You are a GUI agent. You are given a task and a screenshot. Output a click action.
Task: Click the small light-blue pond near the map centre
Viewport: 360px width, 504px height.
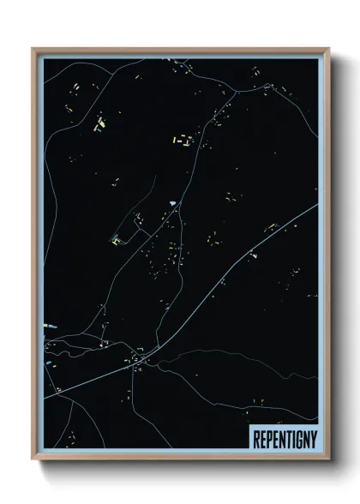[x=173, y=202]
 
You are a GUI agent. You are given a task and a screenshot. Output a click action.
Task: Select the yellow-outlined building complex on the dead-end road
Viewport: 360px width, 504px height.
[x=116, y=241]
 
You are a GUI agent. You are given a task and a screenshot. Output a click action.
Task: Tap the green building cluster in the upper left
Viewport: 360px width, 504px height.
[x=99, y=123]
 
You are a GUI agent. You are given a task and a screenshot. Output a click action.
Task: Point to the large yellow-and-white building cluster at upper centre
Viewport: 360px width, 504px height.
[x=183, y=137]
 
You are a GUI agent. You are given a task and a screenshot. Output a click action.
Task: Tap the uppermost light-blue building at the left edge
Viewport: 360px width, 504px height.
[x=48, y=326]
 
